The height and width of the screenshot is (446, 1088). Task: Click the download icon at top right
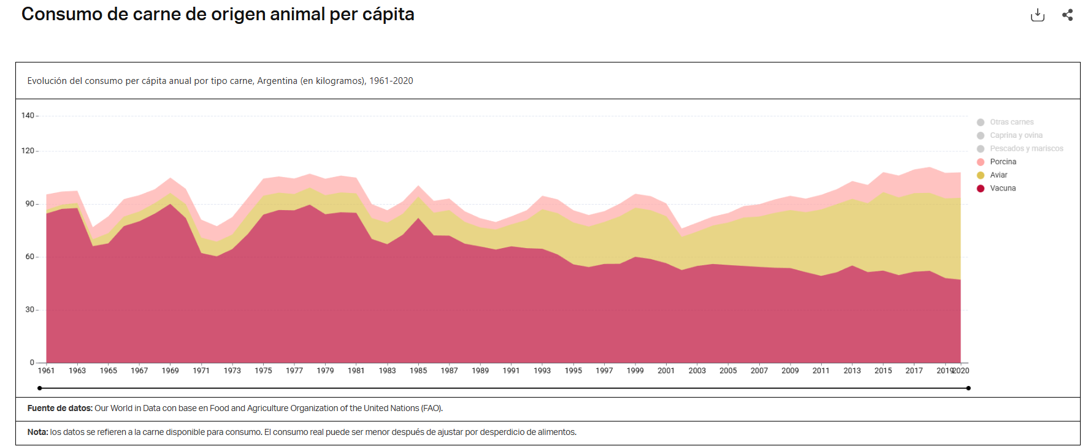pyautogui.click(x=1037, y=15)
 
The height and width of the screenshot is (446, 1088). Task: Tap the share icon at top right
pyautogui.click(x=1068, y=15)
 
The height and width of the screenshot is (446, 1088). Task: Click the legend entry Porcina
pyautogui.click(x=1003, y=162)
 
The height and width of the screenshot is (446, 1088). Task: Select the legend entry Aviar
pyautogui.click(x=998, y=175)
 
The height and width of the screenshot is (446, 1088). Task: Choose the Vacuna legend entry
pyautogui.click(x=1003, y=188)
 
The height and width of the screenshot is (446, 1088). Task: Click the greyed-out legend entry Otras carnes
pyautogui.click(x=1011, y=122)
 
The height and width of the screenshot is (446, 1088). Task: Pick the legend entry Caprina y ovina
pyautogui.click(x=1016, y=135)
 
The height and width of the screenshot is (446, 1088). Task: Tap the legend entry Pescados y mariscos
pyautogui.click(x=1026, y=148)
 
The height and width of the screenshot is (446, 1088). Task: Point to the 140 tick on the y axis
pyautogui.click(x=28, y=115)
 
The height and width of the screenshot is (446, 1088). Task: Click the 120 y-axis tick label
pyautogui.click(x=28, y=151)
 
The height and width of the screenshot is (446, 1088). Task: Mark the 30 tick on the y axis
pyautogui.click(x=29, y=310)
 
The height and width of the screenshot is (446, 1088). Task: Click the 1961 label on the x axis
pyautogui.click(x=46, y=371)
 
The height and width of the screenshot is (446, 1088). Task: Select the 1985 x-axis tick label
pyautogui.click(x=418, y=371)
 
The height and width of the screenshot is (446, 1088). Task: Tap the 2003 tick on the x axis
pyautogui.click(x=697, y=371)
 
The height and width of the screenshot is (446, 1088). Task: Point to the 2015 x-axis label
pyautogui.click(x=883, y=371)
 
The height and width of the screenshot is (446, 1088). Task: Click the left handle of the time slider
pyautogui.click(x=40, y=388)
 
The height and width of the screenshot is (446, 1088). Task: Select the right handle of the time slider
pyautogui.click(x=968, y=388)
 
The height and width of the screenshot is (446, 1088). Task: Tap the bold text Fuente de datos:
pyautogui.click(x=59, y=408)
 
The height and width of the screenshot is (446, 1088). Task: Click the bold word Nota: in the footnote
pyautogui.click(x=37, y=432)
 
